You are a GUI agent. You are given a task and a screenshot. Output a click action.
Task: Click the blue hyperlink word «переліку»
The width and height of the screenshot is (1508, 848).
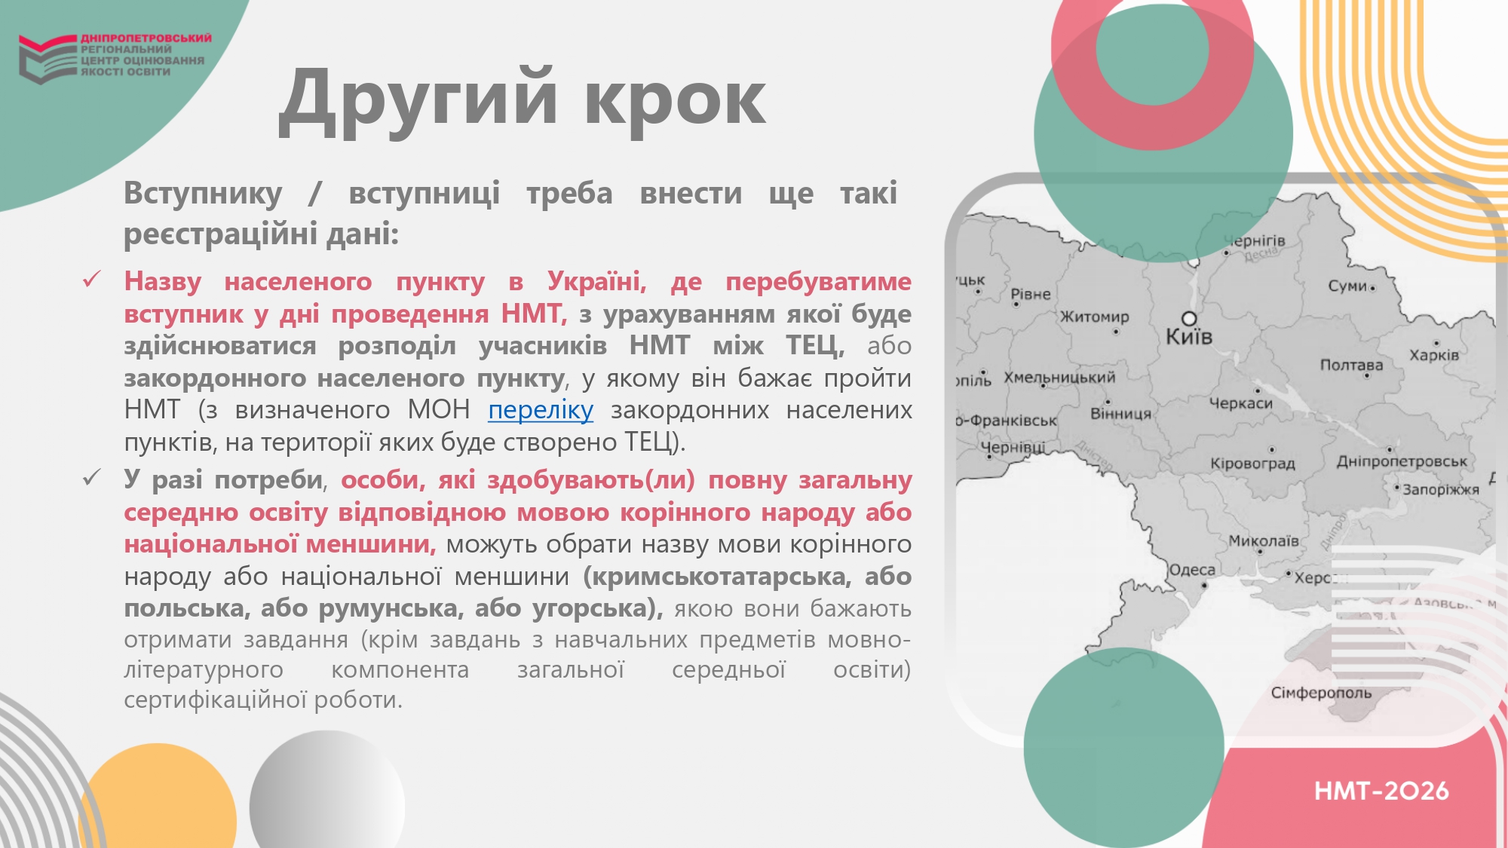[x=541, y=411]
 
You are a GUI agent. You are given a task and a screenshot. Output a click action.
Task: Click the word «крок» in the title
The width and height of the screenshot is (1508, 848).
[x=676, y=100]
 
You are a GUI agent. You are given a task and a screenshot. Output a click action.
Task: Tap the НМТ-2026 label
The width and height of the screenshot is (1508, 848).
[x=1381, y=791]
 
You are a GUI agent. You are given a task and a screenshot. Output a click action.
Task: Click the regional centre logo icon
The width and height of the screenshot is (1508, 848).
[x=48, y=59]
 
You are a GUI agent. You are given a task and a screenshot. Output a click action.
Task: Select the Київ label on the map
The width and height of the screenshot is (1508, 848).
[x=1189, y=336]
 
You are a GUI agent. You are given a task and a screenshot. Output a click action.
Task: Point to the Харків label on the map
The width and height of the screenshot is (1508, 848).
[x=1434, y=355]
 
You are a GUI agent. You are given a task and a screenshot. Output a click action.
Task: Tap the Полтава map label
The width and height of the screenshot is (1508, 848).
[x=1351, y=365]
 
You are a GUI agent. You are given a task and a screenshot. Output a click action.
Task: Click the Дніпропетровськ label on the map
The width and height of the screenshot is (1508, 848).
[x=1402, y=461]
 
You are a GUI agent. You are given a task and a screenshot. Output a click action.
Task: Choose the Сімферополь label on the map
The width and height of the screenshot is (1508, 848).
[x=1321, y=693]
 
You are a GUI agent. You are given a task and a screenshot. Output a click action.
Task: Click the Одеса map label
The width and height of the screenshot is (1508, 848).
[x=1192, y=570]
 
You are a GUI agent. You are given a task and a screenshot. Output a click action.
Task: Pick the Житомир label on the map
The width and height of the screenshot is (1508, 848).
[x=1095, y=317]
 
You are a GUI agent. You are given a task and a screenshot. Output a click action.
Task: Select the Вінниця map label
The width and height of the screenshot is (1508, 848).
[x=1121, y=414]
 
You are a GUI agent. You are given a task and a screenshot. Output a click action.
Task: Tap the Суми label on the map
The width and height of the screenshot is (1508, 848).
[x=1347, y=286]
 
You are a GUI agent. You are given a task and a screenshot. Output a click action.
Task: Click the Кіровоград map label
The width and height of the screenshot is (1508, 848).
[x=1252, y=464]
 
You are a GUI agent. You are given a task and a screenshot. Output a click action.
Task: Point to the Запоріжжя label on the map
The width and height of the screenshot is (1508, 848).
[x=1441, y=489]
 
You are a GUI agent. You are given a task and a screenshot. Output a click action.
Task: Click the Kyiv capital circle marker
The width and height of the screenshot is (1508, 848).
[x=1189, y=318]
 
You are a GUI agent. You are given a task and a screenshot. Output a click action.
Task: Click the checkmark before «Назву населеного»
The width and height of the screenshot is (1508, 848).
[x=92, y=280]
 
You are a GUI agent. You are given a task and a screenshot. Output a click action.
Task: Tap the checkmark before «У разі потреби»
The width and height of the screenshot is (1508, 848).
[x=92, y=478]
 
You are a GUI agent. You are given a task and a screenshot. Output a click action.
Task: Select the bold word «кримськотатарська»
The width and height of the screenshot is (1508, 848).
[x=717, y=577]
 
